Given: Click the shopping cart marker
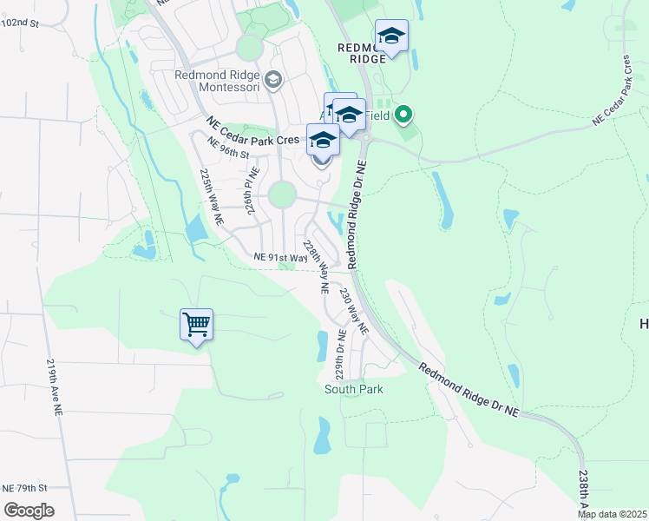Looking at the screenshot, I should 197,326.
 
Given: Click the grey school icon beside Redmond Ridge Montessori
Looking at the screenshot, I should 273,81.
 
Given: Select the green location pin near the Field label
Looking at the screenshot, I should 403,114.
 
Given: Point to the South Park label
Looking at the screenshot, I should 354,389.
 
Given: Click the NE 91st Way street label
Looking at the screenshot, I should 280,258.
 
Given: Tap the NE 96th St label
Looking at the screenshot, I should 228,148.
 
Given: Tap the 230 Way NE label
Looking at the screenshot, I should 354,312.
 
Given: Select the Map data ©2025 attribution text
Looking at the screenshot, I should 613,514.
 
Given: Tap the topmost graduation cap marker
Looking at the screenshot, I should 392,36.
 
